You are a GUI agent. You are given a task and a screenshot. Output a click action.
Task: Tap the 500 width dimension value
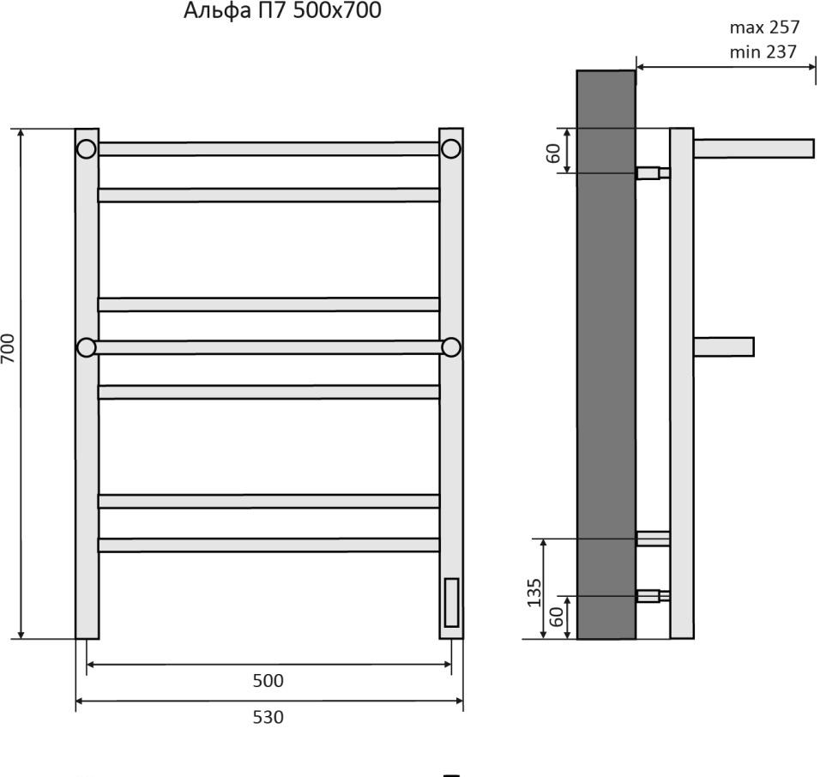pos(268,681)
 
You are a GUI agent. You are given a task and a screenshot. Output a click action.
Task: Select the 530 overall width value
pos(268,717)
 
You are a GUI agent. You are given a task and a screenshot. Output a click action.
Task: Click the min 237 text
pos(763,52)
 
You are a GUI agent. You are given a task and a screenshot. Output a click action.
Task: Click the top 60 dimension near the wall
pos(554,153)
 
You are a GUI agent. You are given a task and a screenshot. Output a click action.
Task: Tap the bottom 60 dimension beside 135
pos(556,617)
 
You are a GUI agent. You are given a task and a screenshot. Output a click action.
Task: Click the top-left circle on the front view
pos(86,149)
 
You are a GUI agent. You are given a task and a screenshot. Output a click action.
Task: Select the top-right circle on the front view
pos(451,149)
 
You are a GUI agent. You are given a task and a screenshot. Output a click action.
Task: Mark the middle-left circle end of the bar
pos(86,347)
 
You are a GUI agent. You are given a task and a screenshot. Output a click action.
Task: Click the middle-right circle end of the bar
pos(451,347)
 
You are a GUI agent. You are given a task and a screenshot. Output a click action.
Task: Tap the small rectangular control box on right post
pos(451,603)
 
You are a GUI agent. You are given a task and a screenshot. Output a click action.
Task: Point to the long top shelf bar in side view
pos(753,148)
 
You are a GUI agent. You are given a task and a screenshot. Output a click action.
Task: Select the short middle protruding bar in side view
pos(723,346)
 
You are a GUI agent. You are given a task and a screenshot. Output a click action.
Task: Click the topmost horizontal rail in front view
pos(268,149)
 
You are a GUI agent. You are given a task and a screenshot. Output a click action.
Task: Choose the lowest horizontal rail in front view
pos(268,545)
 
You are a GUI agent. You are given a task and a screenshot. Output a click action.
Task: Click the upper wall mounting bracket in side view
pos(652,173)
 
